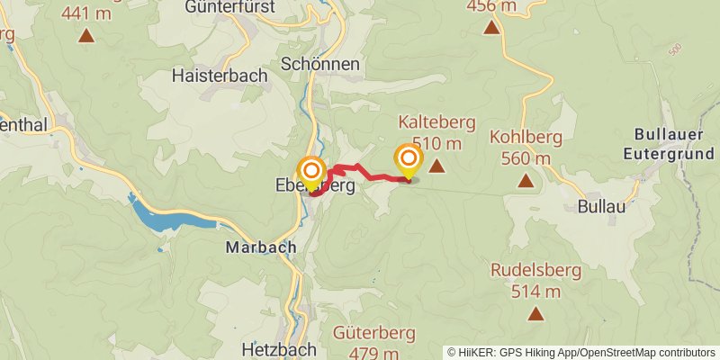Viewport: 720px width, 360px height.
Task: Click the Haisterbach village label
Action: click(220, 76)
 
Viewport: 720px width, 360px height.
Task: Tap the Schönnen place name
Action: click(320, 64)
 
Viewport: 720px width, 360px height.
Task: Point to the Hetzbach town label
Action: click(279, 349)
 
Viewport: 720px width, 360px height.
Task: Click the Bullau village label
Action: click(600, 205)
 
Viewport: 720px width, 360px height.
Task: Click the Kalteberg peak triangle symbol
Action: click(436, 166)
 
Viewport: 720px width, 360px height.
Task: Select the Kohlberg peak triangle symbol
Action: click(526, 181)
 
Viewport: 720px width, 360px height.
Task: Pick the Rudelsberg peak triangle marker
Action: click(536, 314)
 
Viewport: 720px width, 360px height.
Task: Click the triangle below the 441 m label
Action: click(86, 36)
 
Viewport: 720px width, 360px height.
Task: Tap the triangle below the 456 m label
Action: click(491, 28)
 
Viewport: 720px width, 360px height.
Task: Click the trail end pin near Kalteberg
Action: click(409, 161)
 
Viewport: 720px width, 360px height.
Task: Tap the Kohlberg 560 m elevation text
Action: click(526, 159)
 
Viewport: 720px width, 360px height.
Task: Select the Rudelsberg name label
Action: click(535, 270)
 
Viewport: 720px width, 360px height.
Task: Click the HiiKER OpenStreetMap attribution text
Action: click(581, 352)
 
